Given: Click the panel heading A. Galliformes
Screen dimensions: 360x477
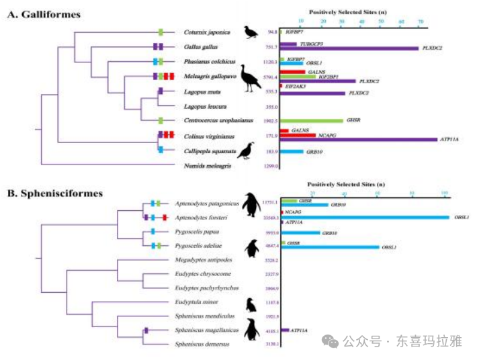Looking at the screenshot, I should [x=44, y=14].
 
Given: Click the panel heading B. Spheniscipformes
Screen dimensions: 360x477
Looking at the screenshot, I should [x=54, y=193].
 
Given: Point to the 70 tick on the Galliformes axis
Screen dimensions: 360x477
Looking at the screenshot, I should [x=421, y=22].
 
